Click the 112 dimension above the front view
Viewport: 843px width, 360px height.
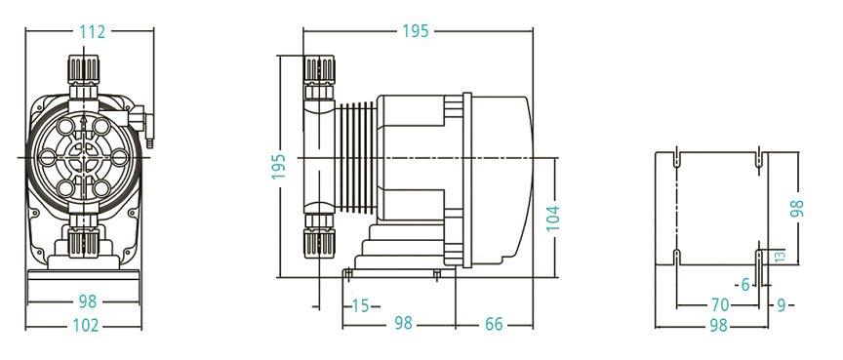coord(92,31)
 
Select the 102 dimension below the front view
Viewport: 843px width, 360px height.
coord(86,326)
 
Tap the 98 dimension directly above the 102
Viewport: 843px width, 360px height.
coord(86,301)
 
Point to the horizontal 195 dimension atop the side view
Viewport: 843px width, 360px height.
coord(416,31)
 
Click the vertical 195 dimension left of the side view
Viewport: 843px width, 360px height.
coord(278,166)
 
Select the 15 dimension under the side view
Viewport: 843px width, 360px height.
coord(361,305)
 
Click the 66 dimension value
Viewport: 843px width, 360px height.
coord(494,324)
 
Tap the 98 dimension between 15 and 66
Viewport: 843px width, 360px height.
coord(403,324)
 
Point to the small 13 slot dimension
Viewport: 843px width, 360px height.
coord(778,256)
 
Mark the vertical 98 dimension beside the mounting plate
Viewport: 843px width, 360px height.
coord(797,208)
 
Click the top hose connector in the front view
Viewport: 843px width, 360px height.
coord(84,71)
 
